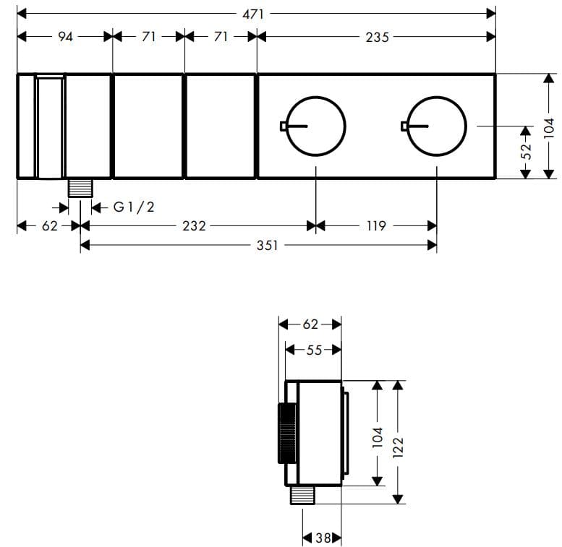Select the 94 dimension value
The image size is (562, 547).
pos(65,36)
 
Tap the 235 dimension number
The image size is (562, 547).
pos(377,36)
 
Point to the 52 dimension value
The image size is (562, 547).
pos(526,151)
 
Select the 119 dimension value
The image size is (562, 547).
pos(376,226)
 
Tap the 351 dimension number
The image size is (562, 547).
pos(267,246)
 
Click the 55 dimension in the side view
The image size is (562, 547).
pos(313,350)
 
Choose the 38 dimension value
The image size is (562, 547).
pos(323,538)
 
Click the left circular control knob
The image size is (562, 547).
pos(316,126)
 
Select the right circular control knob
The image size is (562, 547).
pos(437,126)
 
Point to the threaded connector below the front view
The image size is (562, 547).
pos(80,188)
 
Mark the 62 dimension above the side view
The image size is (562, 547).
pos(310,324)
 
